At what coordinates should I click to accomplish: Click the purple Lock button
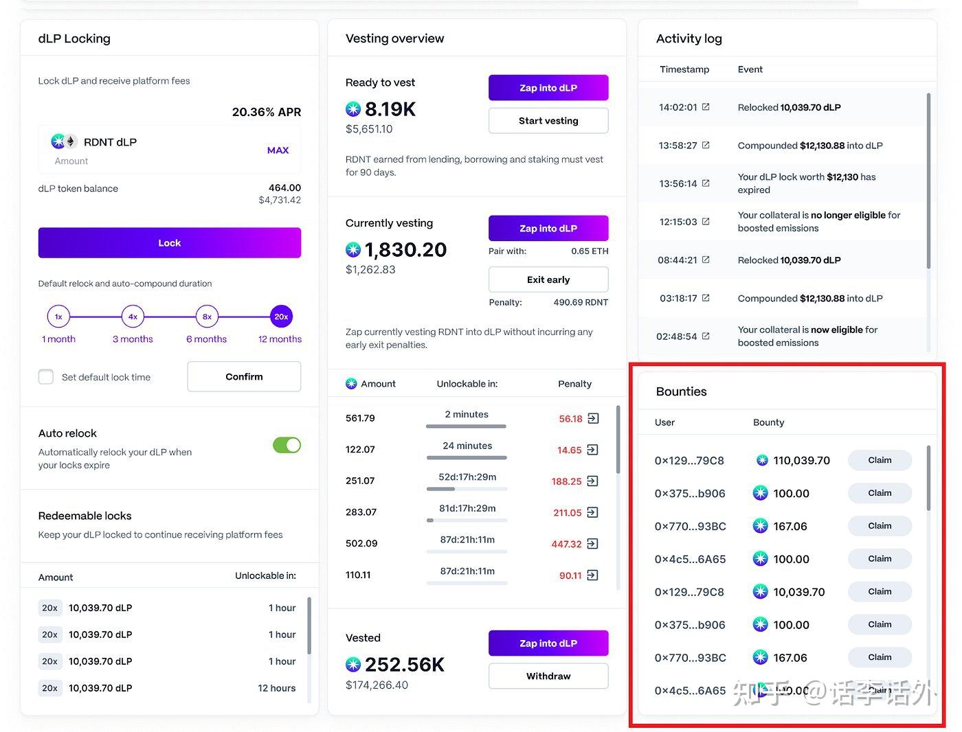(169, 243)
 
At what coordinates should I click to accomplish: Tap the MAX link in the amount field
(278, 150)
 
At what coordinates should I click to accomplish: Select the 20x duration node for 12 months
(281, 317)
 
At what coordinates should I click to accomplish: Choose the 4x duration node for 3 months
(133, 317)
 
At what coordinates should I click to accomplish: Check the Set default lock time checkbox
(46, 377)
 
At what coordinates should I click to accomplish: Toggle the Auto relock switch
(287, 445)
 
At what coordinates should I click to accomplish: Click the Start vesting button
(548, 121)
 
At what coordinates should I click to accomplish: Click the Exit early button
(548, 279)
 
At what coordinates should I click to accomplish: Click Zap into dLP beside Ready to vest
(548, 88)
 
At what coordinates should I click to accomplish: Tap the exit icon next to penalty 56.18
(593, 418)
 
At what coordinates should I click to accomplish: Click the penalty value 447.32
(566, 544)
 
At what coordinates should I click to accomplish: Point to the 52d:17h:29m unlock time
(467, 477)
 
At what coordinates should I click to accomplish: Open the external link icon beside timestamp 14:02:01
(706, 107)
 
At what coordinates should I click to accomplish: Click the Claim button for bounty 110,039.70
(879, 460)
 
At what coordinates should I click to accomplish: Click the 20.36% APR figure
(266, 112)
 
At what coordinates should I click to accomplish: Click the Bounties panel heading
(681, 391)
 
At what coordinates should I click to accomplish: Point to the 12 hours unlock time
(276, 688)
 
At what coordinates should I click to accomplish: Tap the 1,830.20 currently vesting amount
(405, 250)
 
